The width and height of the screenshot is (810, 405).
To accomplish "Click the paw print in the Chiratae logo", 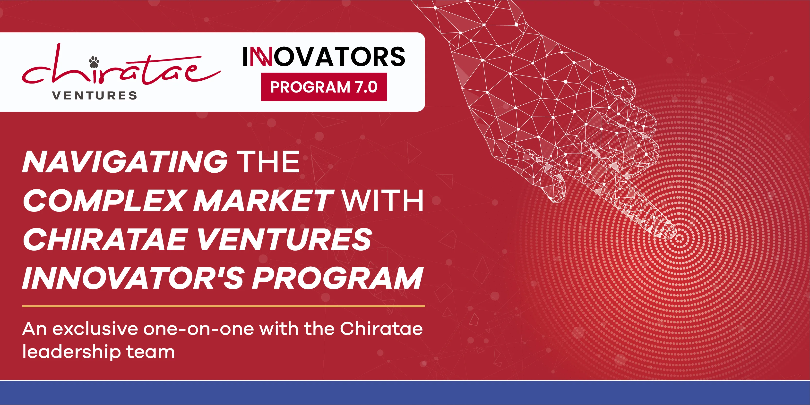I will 94,62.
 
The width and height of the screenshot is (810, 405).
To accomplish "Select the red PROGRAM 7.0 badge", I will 324,87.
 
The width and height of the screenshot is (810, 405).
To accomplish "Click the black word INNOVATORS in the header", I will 324,57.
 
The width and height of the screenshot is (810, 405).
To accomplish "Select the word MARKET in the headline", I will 263,201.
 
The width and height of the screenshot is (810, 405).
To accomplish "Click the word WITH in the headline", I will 383,201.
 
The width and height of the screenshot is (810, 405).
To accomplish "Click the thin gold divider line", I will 223,306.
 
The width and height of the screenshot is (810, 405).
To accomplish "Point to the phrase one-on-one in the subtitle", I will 198,329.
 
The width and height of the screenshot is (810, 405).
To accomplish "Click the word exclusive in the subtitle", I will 95,329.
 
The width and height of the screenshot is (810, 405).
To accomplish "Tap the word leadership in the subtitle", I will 71,352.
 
